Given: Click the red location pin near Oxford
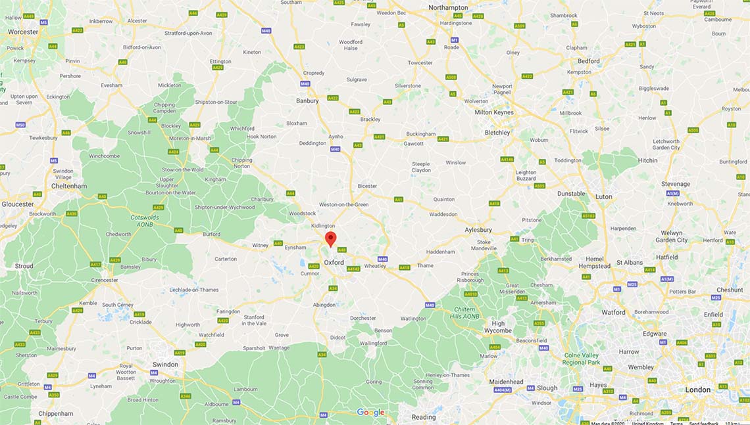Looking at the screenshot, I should click(331, 238).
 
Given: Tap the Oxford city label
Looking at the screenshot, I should click(334, 262).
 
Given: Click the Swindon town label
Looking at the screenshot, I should click(165, 365).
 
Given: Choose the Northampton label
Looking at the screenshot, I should click(447, 7).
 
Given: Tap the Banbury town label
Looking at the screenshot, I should click(307, 101).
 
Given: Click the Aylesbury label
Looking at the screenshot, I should click(478, 230).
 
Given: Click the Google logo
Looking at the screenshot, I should click(370, 413).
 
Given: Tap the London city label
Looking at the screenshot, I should click(697, 390).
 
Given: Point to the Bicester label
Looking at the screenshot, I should click(367, 186).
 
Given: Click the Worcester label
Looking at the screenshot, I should click(23, 32).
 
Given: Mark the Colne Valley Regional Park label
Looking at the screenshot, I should click(582, 359).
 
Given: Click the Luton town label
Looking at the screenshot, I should click(603, 196).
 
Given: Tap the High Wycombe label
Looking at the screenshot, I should click(498, 326).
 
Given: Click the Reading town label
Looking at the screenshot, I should click(424, 417).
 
